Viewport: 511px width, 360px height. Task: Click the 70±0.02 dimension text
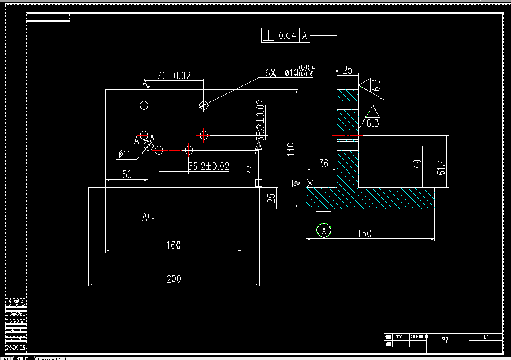tap(174, 75)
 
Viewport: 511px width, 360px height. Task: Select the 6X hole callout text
tap(270, 73)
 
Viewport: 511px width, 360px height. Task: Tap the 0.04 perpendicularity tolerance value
tap(287, 36)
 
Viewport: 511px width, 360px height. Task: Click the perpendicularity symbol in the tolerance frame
tap(268, 36)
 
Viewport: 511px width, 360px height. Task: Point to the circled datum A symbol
tap(324, 230)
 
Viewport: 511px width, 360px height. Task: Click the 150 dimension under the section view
tap(364, 233)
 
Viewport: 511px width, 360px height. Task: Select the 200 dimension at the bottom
tap(174, 279)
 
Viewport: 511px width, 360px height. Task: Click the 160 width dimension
tap(174, 245)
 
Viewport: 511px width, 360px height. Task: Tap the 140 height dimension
tap(290, 149)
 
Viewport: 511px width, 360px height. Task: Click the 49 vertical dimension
tap(418, 164)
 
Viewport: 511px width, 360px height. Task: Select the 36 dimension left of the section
tap(323, 164)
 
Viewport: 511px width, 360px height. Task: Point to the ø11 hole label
tap(124, 154)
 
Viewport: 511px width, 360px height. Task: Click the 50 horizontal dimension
tap(127, 175)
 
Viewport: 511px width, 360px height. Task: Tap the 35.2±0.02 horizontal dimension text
tap(209, 166)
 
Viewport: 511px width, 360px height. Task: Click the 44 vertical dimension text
tap(250, 169)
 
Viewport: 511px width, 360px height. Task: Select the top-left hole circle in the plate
tap(144, 105)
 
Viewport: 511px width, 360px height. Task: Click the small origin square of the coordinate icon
tap(258, 183)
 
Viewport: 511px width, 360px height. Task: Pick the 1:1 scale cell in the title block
tap(485, 336)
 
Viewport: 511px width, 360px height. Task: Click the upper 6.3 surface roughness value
tap(376, 86)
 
